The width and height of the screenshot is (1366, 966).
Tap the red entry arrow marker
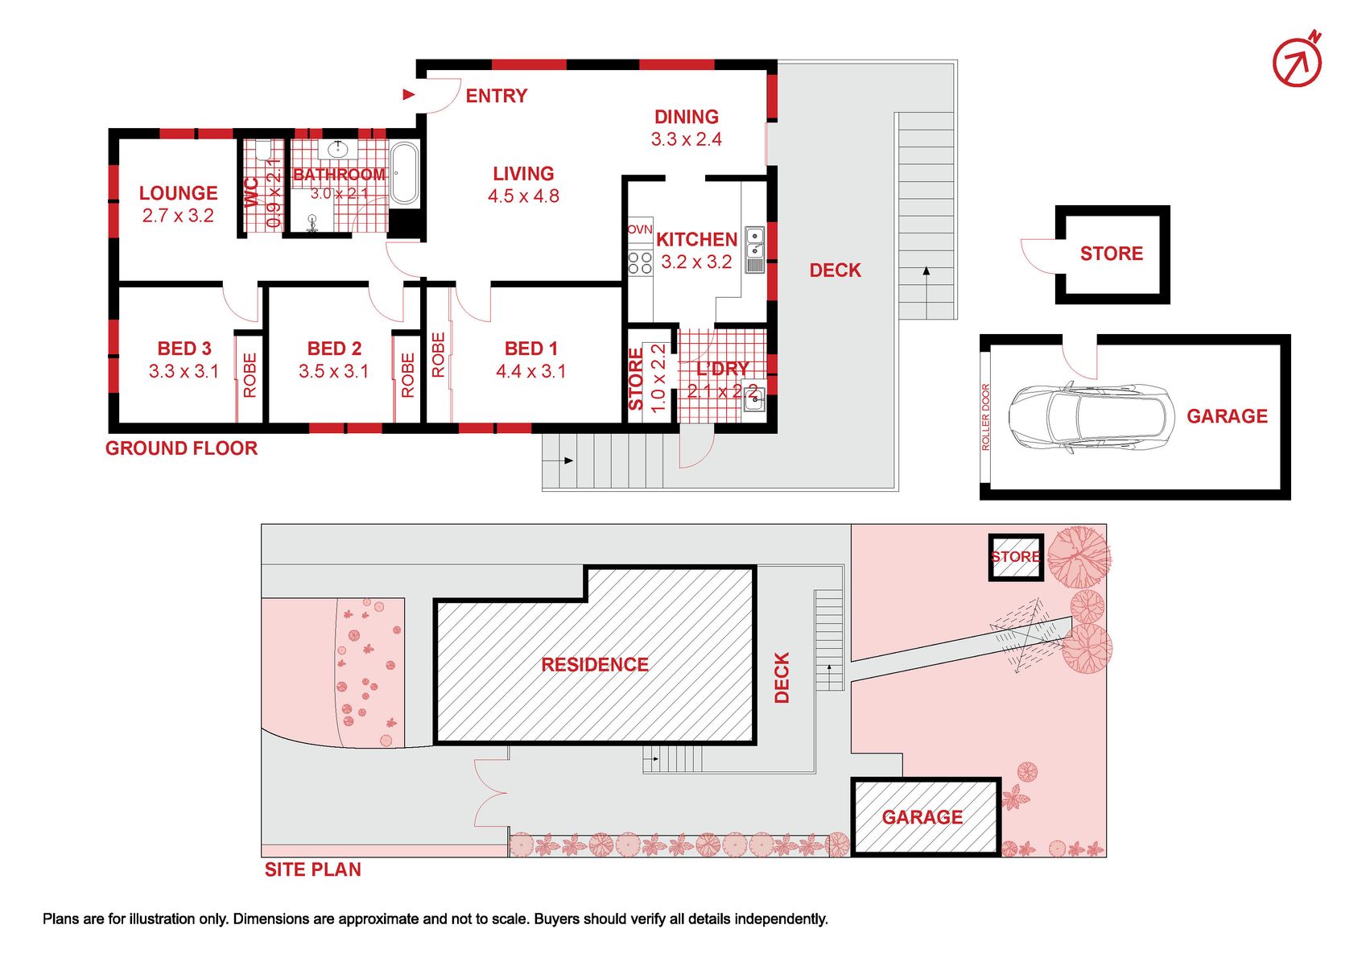coord(409,94)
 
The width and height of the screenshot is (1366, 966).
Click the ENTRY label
coord(497,96)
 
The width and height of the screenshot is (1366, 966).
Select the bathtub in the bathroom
coord(404,173)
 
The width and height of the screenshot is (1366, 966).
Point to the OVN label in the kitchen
coord(640,229)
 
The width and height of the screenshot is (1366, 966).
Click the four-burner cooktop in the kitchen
coord(640,263)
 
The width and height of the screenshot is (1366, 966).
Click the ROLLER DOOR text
coord(985,417)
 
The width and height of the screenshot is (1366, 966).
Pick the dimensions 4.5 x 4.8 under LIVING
coord(523,196)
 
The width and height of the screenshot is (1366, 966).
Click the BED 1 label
coord(530,349)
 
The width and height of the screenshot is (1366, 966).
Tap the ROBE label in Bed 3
coord(250,376)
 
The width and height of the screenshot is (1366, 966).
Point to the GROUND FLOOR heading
coord(181,448)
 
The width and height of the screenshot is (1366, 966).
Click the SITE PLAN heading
coord(312,869)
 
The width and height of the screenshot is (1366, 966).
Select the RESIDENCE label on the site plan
coord(595,664)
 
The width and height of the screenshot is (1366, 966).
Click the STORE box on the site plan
coord(1015,557)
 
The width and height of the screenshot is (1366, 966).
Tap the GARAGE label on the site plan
coord(922,816)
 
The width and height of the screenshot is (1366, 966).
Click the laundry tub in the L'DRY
coord(754,398)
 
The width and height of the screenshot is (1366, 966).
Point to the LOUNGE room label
coord(178,192)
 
